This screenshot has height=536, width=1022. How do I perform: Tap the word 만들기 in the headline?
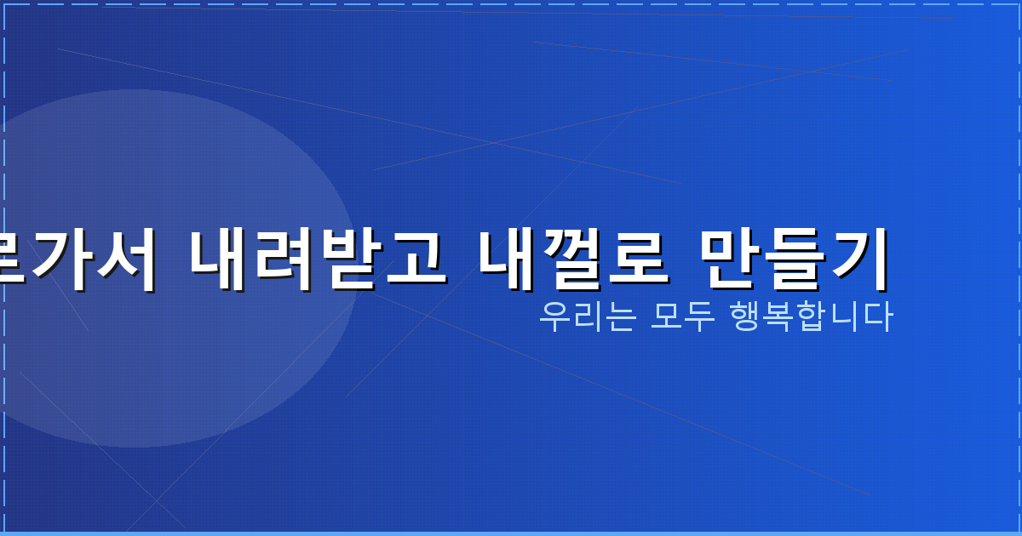click(x=794, y=258)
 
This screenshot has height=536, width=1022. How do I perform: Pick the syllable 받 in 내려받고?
click(x=350, y=258)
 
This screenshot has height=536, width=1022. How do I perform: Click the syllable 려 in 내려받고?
click(x=285, y=258)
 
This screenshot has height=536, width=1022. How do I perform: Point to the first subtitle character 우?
click(x=554, y=317)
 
